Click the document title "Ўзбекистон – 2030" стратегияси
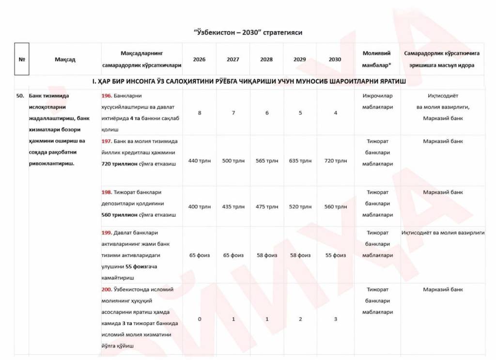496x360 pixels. pyautogui.click(x=248, y=32)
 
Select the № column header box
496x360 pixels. pyautogui.click(x=22, y=60)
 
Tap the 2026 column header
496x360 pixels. pyautogui.click(x=199, y=60)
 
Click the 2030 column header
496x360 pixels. pyautogui.click(x=335, y=60)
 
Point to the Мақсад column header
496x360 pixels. pyautogui.click(x=65, y=60)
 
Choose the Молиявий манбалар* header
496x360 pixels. pyautogui.click(x=377, y=59)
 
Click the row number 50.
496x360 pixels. pyautogui.click(x=20, y=96)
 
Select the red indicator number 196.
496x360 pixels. pyautogui.click(x=107, y=96)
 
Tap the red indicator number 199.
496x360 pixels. pyautogui.click(x=107, y=233)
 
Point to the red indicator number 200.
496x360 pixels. pyautogui.click(x=107, y=290)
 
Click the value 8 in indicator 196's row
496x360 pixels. pyautogui.click(x=200, y=113)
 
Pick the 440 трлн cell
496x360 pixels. pyautogui.click(x=200, y=161)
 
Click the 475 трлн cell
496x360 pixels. pyautogui.click(x=266, y=207)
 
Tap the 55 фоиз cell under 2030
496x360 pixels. pyautogui.click(x=335, y=255)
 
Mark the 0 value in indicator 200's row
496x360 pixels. pyautogui.click(x=200, y=319)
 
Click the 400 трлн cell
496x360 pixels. pyautogui.click(x=200, y=207)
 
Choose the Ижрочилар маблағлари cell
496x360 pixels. pyautogui.click(x=377, y=101)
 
